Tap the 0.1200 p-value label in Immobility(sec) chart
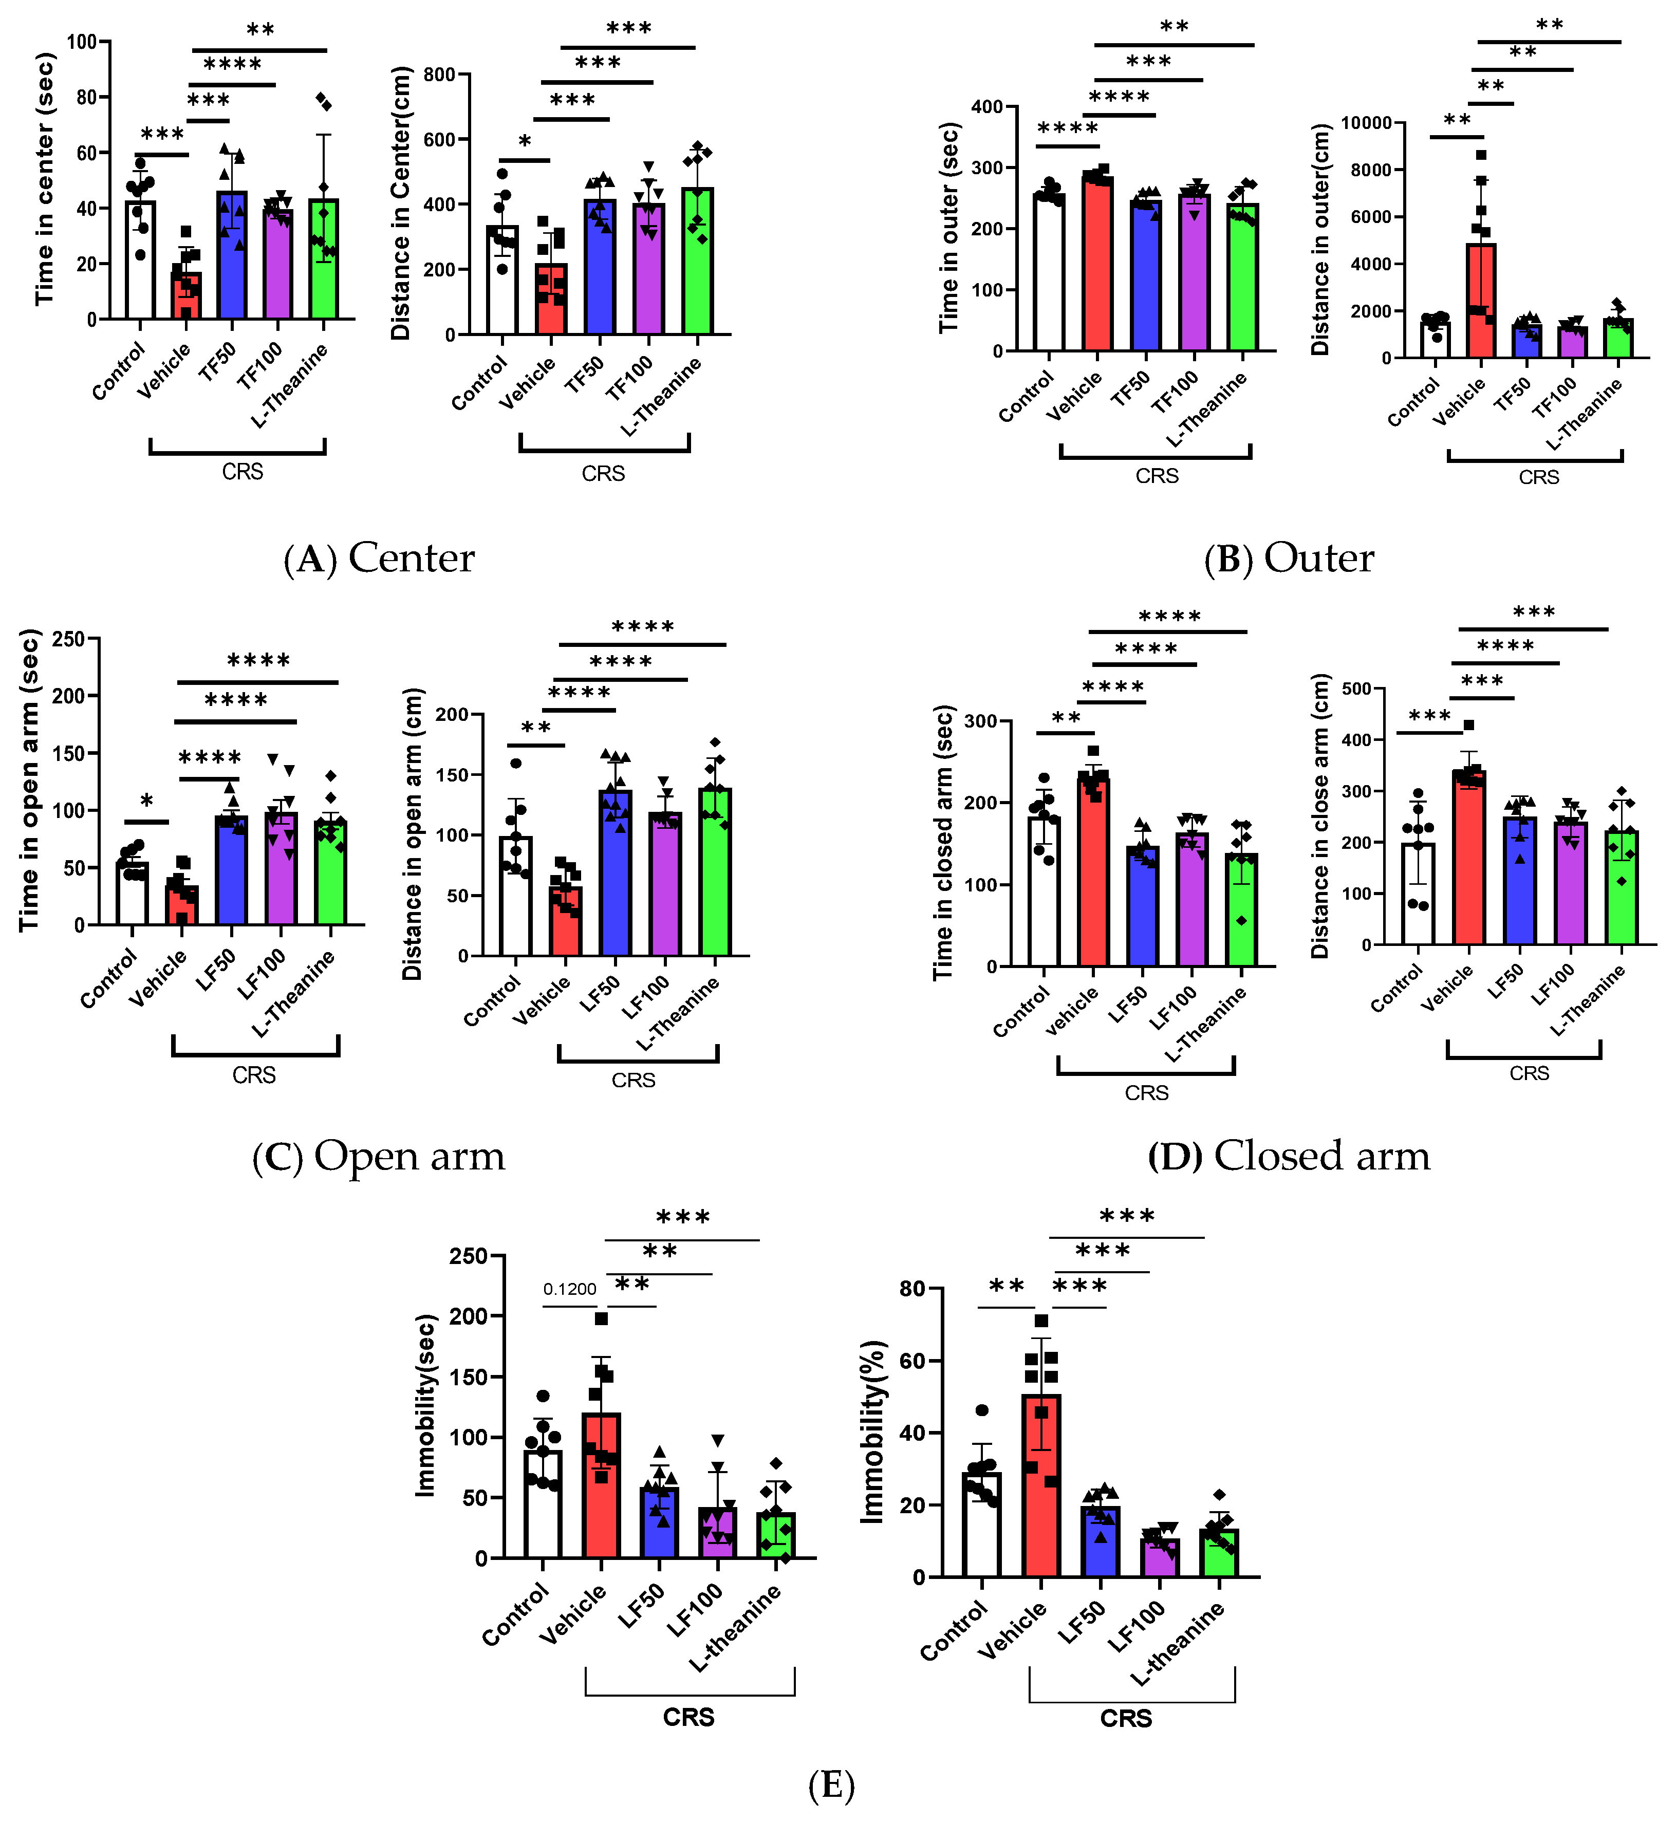pos(570,1289)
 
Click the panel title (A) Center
pos(379,558)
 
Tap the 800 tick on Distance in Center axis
pos(440,75)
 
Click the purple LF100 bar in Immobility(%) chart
pos(1160,1557)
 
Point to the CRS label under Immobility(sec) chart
pos(688,1717)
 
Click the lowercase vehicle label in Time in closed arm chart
pos(1073,1010)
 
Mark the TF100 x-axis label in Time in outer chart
pos(1176,393)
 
